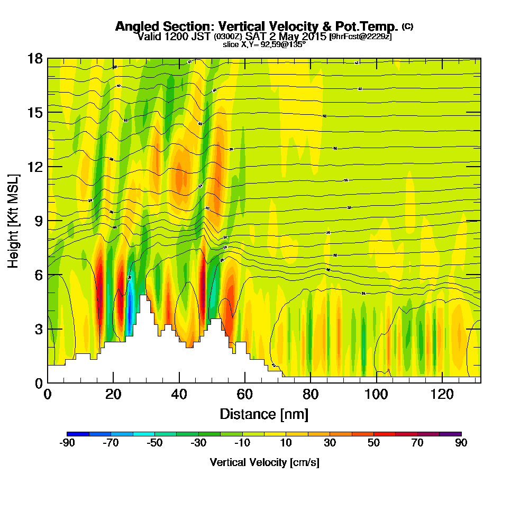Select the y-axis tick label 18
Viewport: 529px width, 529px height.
[35, 58]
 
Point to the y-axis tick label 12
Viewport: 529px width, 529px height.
[35, 167]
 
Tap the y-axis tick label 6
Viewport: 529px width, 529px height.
[38, 275]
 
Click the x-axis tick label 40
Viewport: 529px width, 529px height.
[179, 394]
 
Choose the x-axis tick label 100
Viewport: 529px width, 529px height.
[376, 394]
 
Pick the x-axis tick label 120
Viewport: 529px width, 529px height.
[442, 394]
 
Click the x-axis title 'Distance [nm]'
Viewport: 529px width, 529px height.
[264, 414]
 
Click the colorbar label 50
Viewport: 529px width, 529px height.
[373, 443]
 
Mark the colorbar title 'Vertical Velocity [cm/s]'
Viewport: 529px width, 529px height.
[264, 462]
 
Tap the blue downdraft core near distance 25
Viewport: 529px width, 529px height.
[130, 307]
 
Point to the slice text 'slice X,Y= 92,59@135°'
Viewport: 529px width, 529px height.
[264, 44]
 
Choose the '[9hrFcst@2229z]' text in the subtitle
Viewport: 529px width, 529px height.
[360, 37]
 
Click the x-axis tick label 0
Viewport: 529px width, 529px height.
[48, 394]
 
